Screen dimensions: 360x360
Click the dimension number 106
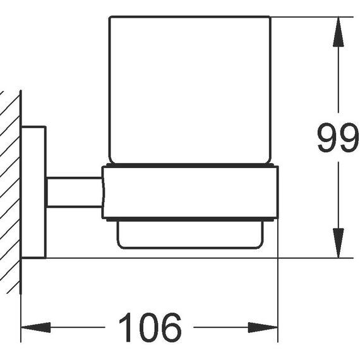(150, 327)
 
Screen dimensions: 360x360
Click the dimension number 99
(338, 137)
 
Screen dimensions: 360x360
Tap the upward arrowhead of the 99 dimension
(338, 32)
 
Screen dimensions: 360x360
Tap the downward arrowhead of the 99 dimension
(338, 243)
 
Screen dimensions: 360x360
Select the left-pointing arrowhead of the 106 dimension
(35, 327)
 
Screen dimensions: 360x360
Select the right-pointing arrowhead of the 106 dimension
(263, 327)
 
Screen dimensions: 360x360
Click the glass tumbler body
(190, 90)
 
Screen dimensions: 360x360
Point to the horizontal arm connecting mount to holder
(75, 193)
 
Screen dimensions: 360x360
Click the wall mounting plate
(33, 192)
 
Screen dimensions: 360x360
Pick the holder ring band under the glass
(190, 193)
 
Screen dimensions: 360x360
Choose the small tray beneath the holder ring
(190, 235)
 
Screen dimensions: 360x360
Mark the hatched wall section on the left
(10, 192)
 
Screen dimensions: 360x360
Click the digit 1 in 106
(126, 327)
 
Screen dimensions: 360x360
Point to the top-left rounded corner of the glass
(109, 17)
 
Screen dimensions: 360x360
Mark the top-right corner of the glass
(270, 17)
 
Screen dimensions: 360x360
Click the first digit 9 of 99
(327, 137)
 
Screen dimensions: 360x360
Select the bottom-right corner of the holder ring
(278, 218)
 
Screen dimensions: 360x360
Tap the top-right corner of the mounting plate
(45, 127)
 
